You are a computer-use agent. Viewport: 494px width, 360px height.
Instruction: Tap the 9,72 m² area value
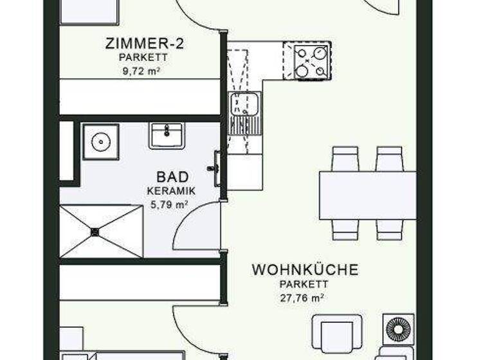[x=140, y=71]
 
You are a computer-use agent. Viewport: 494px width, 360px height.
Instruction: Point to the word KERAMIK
[x=171, y=191]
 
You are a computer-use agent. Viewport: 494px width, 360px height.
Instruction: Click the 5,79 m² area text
[x=169, y=204]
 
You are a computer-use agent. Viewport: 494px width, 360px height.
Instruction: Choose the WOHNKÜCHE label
[x=304, y=269]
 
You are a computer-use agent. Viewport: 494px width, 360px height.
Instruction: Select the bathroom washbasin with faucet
[x=167, y=136]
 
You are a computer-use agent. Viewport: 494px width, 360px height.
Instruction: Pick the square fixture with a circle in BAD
[x=100, y=141]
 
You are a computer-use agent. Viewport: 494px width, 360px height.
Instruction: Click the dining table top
[x=367, y=195]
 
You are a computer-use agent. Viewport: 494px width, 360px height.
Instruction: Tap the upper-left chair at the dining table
[x=345, y=159]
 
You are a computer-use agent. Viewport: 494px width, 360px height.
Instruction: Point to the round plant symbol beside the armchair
[x=396, y=328]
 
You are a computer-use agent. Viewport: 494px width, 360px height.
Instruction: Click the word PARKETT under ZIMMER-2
[x=140, y=58]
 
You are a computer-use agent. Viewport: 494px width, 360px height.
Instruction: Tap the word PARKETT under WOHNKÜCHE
[x=304, y=283]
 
